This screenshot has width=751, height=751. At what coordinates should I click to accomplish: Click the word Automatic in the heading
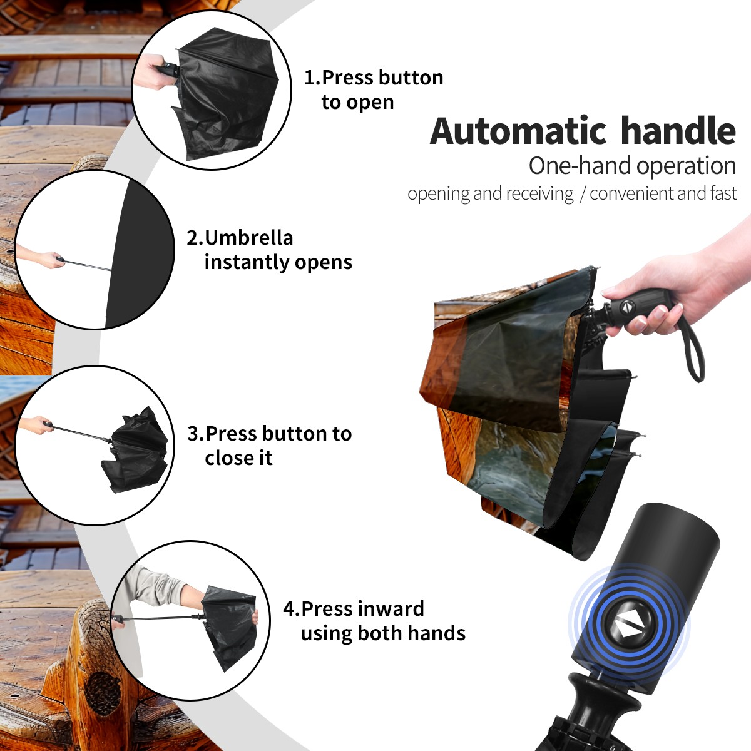[x=518, y=131]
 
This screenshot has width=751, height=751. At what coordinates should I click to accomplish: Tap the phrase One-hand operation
[x=632, y=166]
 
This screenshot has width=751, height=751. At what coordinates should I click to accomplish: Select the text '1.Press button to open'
[x=374, y=89]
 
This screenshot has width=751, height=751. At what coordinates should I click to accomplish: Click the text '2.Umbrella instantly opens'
[x=269, y=250]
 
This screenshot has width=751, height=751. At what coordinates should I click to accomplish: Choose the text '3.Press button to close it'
[x=269, y=446]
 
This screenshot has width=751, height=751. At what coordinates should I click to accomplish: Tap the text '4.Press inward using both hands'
[x=374, y=621]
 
